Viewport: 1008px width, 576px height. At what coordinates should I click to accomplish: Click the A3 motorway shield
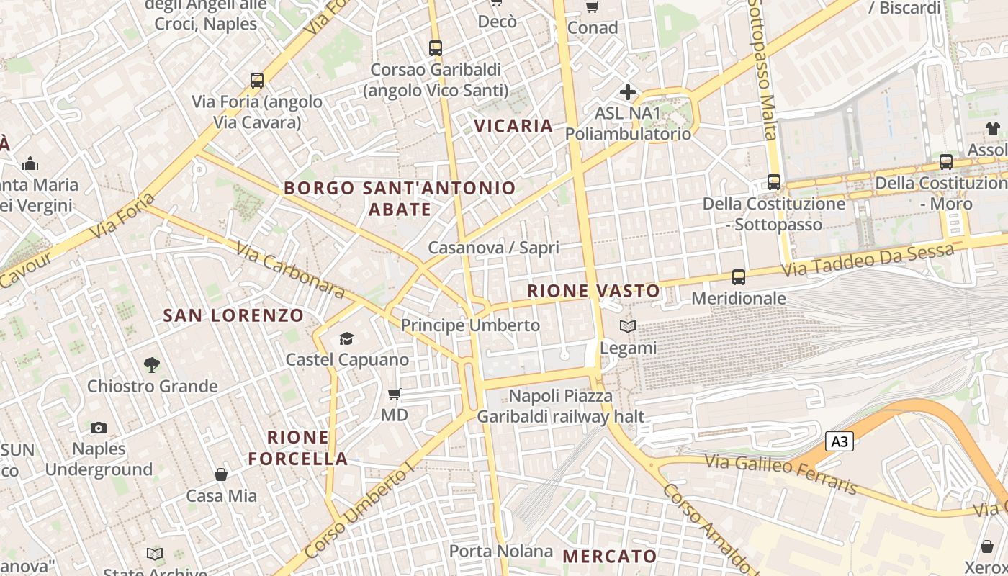coord(840,441)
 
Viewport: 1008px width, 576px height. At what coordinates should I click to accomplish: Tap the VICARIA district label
coord(513,126)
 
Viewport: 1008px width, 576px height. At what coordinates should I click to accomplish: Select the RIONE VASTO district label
coord(593,291)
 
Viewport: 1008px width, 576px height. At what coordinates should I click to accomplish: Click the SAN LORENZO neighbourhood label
coord(233,315)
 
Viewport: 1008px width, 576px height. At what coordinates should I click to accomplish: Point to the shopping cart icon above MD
coord(394,394)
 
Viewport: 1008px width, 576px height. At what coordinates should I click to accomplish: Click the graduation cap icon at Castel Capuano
coord(347,338)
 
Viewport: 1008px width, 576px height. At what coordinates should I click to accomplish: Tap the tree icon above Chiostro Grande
coord(152,364)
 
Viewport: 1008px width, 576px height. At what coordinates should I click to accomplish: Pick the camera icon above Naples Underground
coord(99,428)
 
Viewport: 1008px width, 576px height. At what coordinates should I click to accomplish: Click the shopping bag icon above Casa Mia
coord(221,474)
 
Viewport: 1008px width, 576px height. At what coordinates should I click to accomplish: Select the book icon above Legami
coord(628,327)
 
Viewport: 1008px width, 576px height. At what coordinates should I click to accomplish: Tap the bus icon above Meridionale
coord(738,276)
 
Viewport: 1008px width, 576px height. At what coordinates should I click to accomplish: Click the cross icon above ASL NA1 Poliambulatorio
coord(628,92)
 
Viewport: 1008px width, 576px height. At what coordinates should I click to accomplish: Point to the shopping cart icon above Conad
coord(592,6)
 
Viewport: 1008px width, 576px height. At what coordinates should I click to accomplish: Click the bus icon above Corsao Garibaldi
coord(435,48)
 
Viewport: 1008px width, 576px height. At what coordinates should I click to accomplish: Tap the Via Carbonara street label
coord(291,269)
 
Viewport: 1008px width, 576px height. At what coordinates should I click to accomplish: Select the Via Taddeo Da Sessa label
coord(868,261)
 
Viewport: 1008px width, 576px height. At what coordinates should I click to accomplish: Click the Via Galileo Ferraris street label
coord(781,474)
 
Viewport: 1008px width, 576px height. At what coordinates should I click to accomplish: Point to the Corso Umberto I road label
coord(359,511)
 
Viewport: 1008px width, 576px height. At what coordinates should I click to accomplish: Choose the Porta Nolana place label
coord(501,552)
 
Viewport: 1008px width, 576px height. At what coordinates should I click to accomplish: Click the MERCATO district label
coord(610,556)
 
